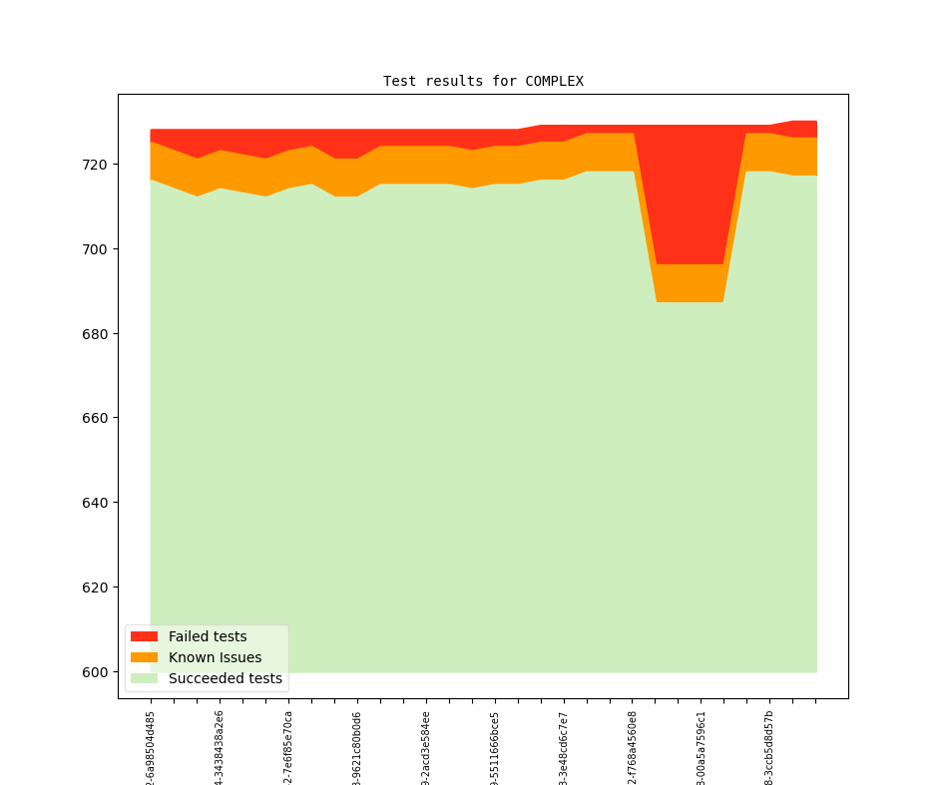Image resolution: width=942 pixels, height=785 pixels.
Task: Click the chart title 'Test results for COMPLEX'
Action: (x=483, y=81)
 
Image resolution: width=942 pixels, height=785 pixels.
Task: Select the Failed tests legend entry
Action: (x=207, y=636)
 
